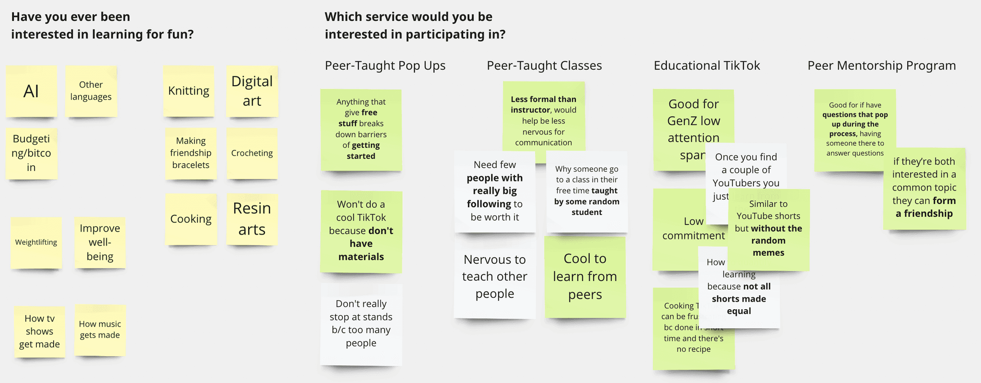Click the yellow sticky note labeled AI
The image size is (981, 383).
coord(31,91)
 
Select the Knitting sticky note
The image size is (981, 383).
coord(189,91)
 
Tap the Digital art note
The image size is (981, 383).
coord(252,91)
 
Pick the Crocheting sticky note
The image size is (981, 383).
coord(252,153)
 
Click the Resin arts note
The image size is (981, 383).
coord(252,219)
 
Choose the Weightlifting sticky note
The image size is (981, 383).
coord(36,242)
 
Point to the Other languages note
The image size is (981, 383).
coord(91,91)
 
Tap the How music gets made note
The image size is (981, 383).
coord(100,329)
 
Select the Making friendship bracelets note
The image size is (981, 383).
coord(191,153)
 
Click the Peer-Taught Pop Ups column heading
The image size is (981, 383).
coord(385,66)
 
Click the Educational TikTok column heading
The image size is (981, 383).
coord(707,66)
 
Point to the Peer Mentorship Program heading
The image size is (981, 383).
coord(881,66)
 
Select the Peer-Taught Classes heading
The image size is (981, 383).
coord(544,66)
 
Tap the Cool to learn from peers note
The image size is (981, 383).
coord(585,277)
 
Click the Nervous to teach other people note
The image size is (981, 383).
coord(495,277)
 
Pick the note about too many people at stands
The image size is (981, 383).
coord(361,324)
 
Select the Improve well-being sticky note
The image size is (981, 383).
coord(100,242)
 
